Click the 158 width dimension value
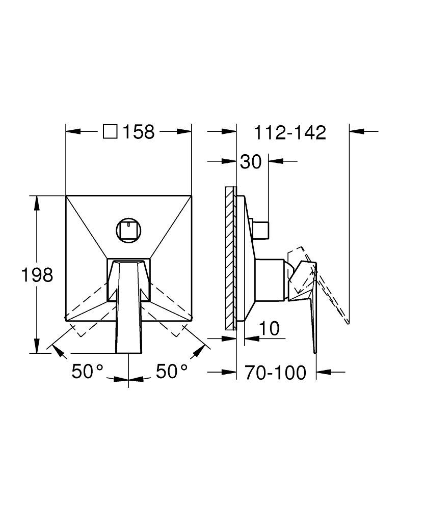139,132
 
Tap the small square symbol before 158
110,132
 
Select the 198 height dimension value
37,275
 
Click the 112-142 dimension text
290,132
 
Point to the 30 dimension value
251,161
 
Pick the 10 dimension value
270,328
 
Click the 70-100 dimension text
275,373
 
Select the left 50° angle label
88,371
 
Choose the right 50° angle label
172,371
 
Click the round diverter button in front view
128,231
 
